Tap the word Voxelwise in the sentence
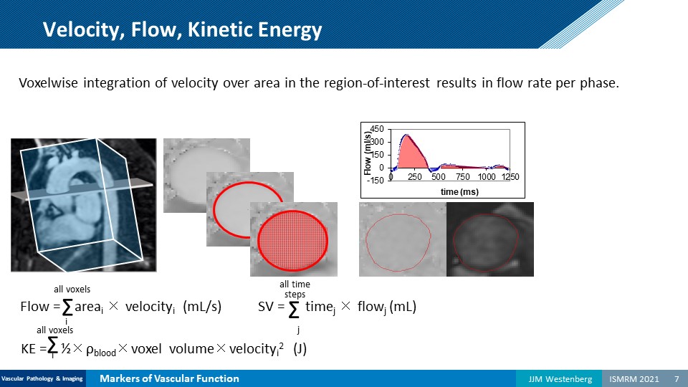tap(48, 82)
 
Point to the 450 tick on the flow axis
tap(377, 129)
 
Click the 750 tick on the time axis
tap(462, 177)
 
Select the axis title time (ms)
tap(459, 192)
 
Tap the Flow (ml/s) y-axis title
tap(368, 153)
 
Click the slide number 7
tap(677, 378)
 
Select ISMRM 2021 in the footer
tap(634, 378)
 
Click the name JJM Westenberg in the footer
tap(560, 378)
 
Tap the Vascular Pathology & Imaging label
tap(42, 378)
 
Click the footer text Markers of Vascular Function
tap(169, 378)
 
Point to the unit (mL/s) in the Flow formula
tap(202, 307)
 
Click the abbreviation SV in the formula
tap(266, 306)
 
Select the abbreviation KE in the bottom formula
tap(29, 349)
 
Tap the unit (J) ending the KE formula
tap(300, 349)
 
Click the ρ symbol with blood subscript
tap(101, 350)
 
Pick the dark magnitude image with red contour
tap(490, 239)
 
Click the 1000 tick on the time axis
tap(487, 177)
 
